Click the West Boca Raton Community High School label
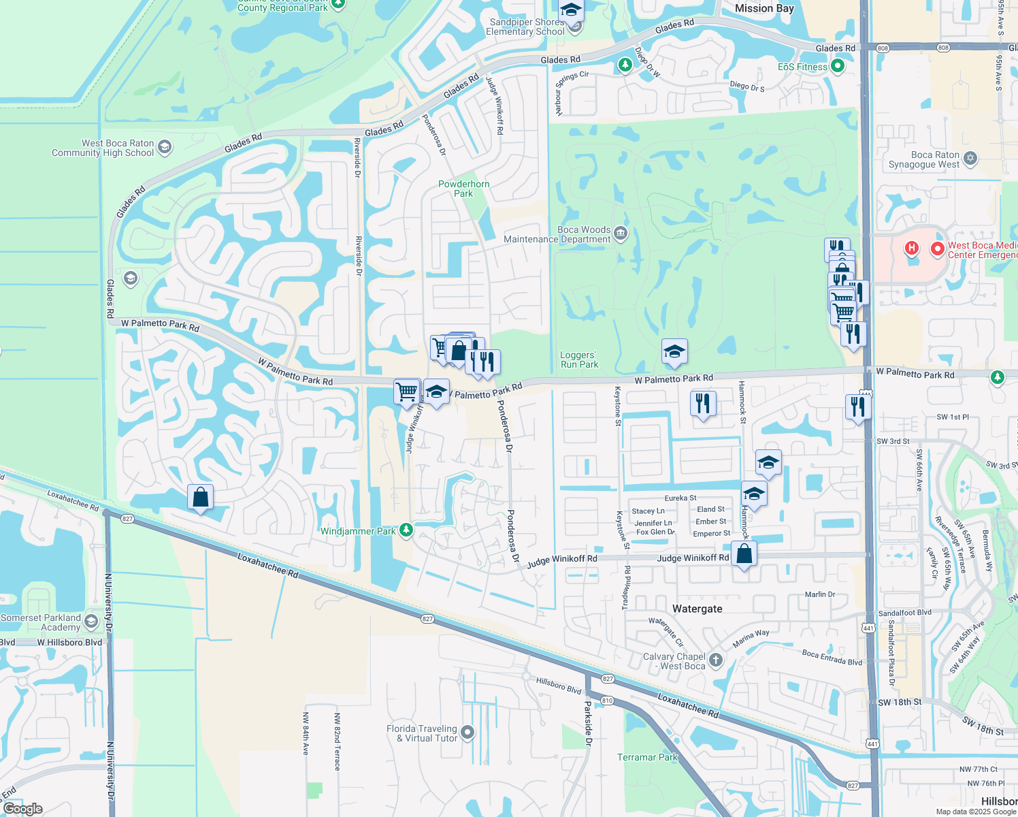(103, 148)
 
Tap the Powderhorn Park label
(464, 189)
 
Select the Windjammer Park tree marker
(406, 530)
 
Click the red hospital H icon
(912, 249)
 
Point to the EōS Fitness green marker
(838, 67)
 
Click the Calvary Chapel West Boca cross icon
(715, 660)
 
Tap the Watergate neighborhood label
(697, 609)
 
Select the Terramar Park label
(648, 757)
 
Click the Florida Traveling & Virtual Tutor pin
(467, 733)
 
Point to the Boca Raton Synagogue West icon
(970, 159)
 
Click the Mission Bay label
(764, 8)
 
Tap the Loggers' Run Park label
(578, 359)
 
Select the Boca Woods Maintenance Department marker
(620, 234)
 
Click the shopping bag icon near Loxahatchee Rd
(201, 497)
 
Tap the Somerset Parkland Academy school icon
(91, 622)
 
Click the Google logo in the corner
(23, 809)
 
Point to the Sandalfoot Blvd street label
(904, 613)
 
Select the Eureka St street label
(680, 498)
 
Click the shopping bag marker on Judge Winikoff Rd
(744, 554)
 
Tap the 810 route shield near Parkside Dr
(608, 700)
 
